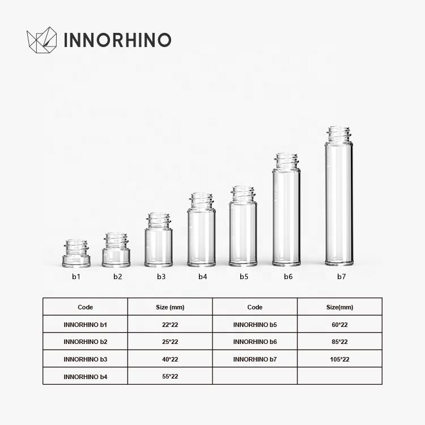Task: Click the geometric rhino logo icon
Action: pyautogui.click(x=42, y=40)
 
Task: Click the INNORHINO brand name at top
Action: pyautogui.click(x=117, y=40)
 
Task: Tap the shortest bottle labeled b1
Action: pyautogui.click(x=76, y=253)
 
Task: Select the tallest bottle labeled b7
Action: pyautogui.click(x=339, y=196)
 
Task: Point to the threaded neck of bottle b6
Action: pyautogui.click(x=286, y=161)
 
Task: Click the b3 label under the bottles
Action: pyautogui.click(x=161, y=277)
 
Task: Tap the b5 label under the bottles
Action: pyautogui.click(x=244, y=277)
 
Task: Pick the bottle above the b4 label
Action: pyautogui.click(x=201, y=229)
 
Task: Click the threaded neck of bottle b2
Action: pyautogui.click(x=116, y=241)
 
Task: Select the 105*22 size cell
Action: pyautogui.click(x=339, y=359)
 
